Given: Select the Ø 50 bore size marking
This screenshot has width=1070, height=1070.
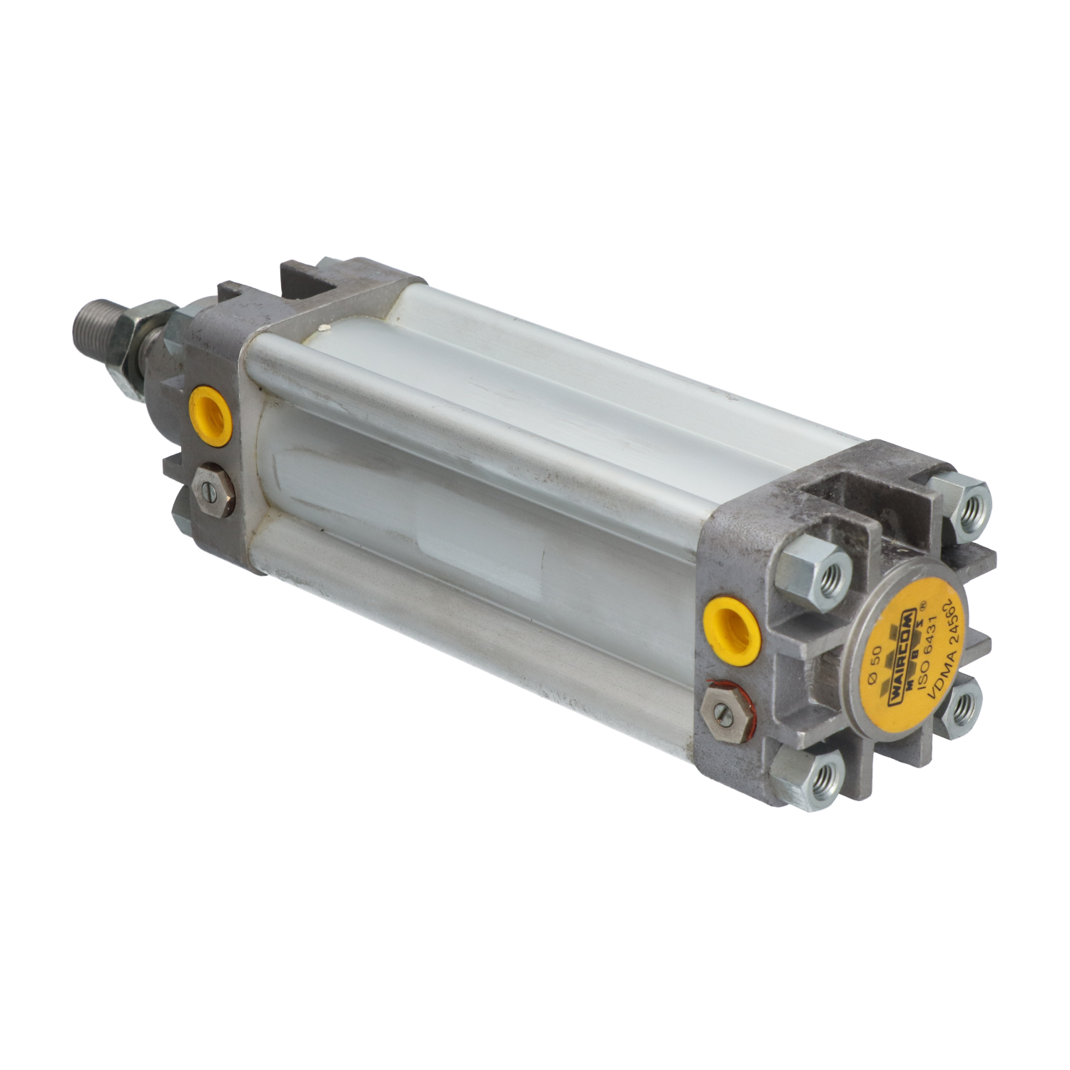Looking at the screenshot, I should tap(876, 665).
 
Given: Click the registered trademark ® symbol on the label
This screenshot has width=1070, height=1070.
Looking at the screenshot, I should tap(925, 604).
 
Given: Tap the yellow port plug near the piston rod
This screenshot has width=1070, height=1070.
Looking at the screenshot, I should tap(210, 416).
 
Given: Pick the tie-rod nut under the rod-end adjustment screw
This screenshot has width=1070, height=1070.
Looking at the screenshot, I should tap(180, 516).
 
